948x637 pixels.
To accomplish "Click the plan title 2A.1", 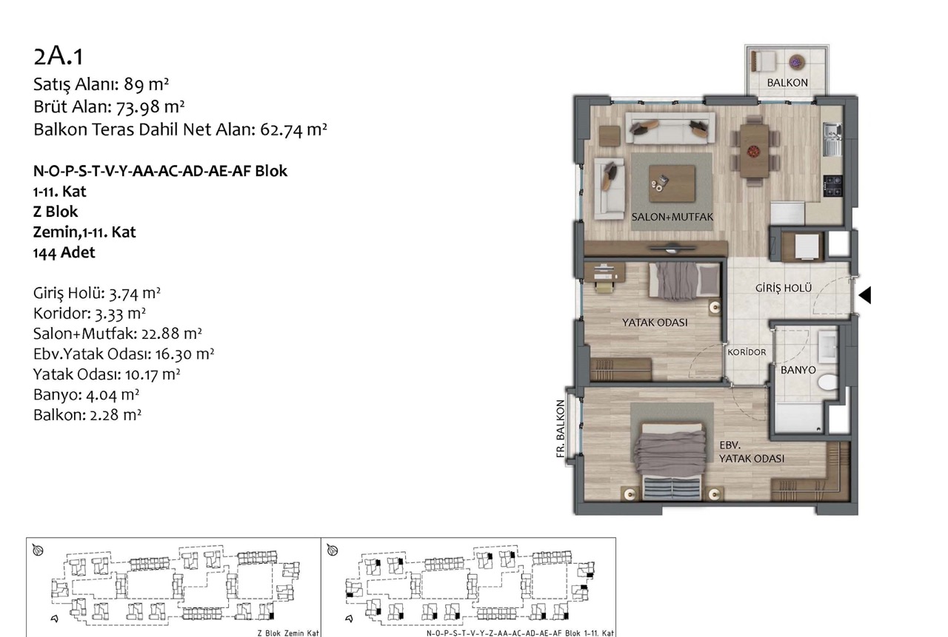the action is (59, 57).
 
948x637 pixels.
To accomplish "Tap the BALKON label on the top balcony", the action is (787, 83).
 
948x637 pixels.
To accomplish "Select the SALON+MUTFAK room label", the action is (672, 217).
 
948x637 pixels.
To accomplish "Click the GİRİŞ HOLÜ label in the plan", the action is (784, 289).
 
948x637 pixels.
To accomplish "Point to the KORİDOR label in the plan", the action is (747, 352).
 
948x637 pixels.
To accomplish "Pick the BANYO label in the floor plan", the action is (798, 370).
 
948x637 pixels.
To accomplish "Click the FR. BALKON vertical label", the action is (561, 428).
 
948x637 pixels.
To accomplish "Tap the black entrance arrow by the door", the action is (864, 295).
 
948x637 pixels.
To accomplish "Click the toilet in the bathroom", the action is (828, 382).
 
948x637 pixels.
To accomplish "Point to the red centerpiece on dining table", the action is (754, 150).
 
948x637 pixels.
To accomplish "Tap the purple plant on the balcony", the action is (797, 63).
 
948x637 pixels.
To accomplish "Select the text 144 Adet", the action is (64, 252).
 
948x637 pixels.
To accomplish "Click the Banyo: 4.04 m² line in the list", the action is (87, 394).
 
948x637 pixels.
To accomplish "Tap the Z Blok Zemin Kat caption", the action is (288, 633).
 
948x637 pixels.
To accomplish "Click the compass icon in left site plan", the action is (38, 550).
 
